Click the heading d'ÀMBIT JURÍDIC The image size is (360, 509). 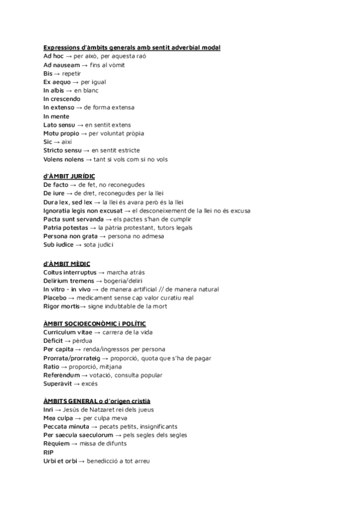pyautogui.click(x=69, y=176)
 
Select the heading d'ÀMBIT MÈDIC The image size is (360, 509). pyautogui.click(x=67, y=264)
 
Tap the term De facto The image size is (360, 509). pyautogui.click(x=56, y=185)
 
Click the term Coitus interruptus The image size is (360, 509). pyautogui.click(x=70, y=272)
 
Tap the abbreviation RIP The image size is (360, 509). pyautogui.click(x=49, y=453)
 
